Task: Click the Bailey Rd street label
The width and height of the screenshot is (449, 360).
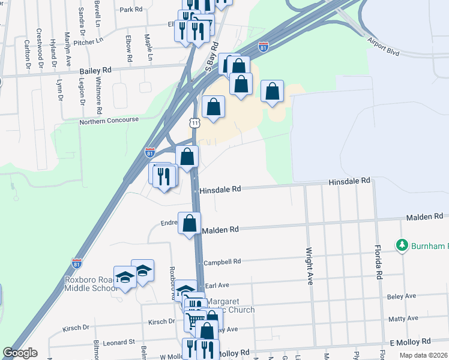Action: click(95, 70)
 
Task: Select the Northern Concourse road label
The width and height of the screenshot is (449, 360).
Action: click(109, 121)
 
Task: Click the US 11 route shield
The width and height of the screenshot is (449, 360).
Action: click(193, 122)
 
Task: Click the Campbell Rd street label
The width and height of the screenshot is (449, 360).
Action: click(221, 262)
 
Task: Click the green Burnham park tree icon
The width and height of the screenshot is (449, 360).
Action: click(402, 245)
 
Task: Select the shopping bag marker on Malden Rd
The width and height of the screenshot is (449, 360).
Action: click(190, 223)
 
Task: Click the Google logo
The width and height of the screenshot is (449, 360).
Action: click(20, 353)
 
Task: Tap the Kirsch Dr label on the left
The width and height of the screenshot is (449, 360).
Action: click(76, 329)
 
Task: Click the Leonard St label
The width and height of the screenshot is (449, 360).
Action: click(119, 342)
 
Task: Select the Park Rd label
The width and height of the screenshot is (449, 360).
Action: click(131, 10)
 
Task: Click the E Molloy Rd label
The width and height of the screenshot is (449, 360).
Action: click(410, 341)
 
